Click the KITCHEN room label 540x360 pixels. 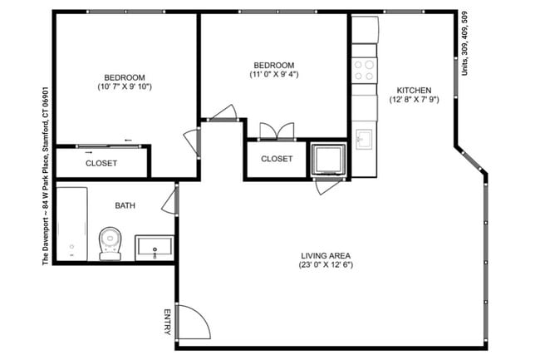tap(413, 90)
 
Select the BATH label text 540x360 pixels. tap(125, 205)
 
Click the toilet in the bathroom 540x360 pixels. tap(110, 243)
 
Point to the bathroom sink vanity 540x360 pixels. tap(154, 248)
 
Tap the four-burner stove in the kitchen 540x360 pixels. tap(364, 69)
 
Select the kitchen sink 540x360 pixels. tap(364, 136)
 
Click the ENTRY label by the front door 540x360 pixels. tap(168, 323)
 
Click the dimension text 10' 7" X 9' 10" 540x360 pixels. tap(125, 86)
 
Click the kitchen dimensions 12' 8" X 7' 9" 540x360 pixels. tap(413, 101)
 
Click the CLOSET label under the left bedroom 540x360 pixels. tap(101, 163)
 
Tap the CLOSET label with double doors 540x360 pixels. tap(277, 159)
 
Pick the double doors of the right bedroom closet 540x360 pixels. tap(277, 131)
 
